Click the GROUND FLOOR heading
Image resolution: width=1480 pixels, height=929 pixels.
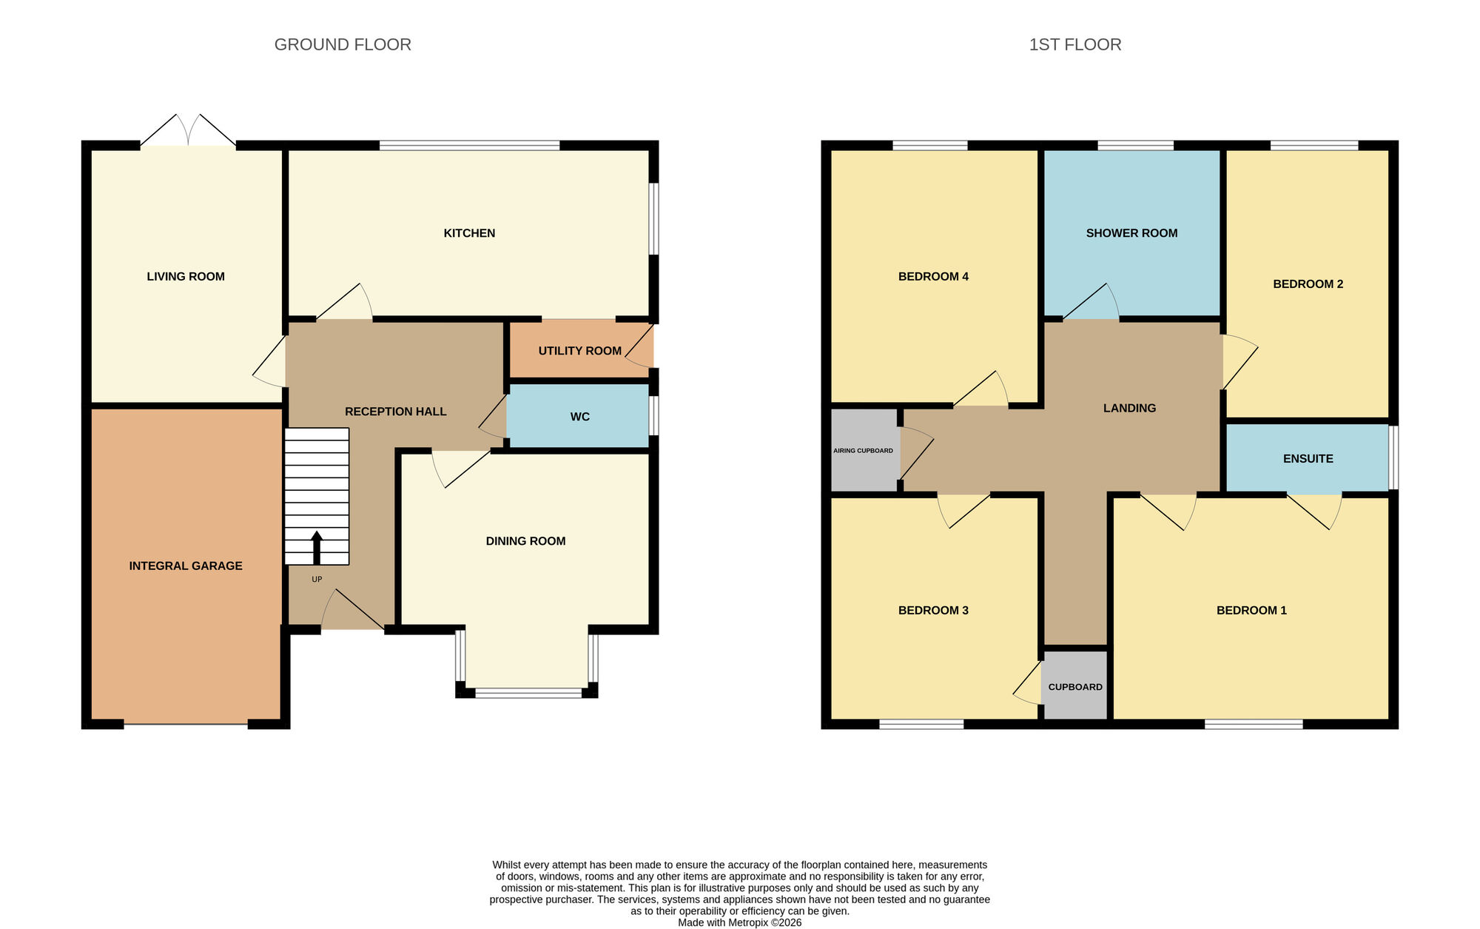343,44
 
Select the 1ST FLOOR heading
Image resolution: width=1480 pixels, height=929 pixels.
1074,44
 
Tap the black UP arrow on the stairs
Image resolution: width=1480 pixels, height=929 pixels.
317,548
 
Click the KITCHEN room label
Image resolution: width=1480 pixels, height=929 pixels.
469,233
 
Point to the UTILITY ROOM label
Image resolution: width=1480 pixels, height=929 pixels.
579,351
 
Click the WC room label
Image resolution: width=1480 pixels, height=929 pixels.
579,417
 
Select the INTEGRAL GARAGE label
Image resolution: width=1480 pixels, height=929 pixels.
185,566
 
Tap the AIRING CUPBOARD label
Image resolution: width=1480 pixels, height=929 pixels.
863,450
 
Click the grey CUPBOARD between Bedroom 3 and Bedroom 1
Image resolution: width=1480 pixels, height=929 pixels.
1075,686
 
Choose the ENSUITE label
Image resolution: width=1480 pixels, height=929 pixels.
1308,458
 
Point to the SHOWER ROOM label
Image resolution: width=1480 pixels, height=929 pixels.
1131,233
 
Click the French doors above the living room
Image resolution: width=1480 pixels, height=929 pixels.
189,133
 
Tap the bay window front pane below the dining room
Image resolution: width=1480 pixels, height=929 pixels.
528,694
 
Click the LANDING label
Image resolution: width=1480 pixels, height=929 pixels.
1129,408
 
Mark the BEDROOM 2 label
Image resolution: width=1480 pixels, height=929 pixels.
1308,284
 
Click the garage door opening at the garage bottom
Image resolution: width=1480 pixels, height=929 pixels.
185,723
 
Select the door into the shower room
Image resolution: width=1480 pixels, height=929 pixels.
1091,303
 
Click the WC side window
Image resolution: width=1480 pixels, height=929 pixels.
653,416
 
